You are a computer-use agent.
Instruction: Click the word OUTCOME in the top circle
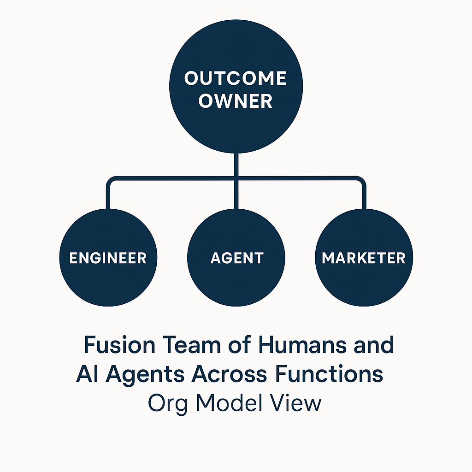(236, 78)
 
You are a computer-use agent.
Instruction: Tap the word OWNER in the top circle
(236, 101)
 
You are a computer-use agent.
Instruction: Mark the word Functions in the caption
(329, 374)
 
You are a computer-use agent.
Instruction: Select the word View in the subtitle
(295, 403)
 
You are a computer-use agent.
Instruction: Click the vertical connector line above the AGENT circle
(236, 194)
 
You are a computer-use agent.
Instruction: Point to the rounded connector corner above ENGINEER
(111, 181)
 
